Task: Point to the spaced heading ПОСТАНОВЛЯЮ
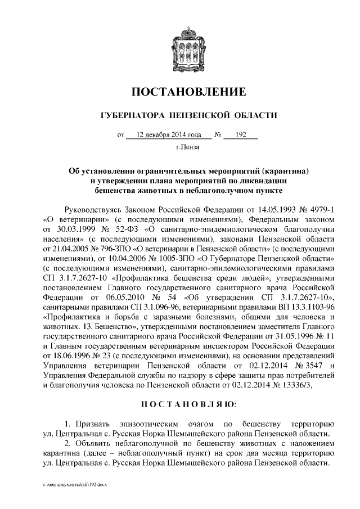[188, 405]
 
